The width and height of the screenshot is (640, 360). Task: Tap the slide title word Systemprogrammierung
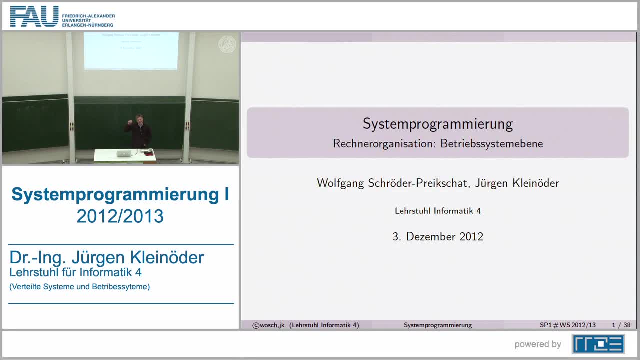tap(438, 124)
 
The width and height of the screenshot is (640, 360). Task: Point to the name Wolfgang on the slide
tap(340, 183)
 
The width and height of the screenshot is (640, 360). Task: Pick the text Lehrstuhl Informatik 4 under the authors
tap(438, 211)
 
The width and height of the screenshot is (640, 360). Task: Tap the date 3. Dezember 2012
tap(438, 237)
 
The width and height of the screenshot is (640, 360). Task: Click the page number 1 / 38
tap(621, 325)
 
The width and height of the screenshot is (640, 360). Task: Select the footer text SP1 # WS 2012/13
tap(568, 325)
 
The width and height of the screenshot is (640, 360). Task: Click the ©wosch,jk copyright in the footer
tap(268, 325)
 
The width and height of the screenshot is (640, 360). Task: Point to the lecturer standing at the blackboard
tap(138, 131)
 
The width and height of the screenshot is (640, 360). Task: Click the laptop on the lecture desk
tap(123, 153)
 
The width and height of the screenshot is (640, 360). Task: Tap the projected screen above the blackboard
tap(131, 50)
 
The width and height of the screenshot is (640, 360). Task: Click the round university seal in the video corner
tap(227, 44)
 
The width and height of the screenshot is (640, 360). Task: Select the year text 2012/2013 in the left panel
tap(120, 216)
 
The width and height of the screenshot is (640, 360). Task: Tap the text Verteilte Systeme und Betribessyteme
tap(80, 287)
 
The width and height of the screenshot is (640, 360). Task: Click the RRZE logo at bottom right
tap(598, 344)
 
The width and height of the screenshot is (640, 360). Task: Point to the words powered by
tap(538, 344)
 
